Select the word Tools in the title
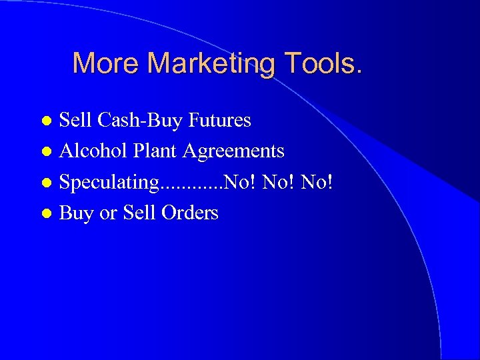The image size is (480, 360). coord(321,63)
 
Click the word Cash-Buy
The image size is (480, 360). coord(140,121)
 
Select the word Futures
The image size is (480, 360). coord(219,120)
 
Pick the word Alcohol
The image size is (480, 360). coord(93,151)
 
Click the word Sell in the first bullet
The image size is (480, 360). coord(76,121)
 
